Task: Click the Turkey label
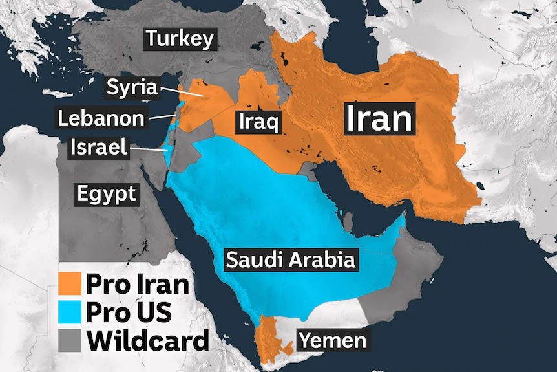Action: pyautogui.click(x=179, y=39)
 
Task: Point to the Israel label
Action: pyautogui.click(x=98, y=148)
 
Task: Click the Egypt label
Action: pyautogui.click(x=107, y=193)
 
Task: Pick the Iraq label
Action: pyautogui.click(x=258, y=121)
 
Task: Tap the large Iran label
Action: pyautogui.click(x=379, y=118)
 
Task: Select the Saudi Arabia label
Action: pyautogui.click(x=290, y=260)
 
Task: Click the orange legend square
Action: pyautogui.click(x=69, y=284)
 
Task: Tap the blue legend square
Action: pyautogui.click(x=69, y=312)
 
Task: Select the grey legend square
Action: pyautogui.click(x=69, y=340)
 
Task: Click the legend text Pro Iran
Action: pyautogui.click(x=137, y=284)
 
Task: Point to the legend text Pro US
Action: pyautogui.click(x=129, y=312)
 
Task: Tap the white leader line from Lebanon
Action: pyautogui.click(x=160, y=117)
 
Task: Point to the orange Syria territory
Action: pyautogui.click(x=200, y=104)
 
